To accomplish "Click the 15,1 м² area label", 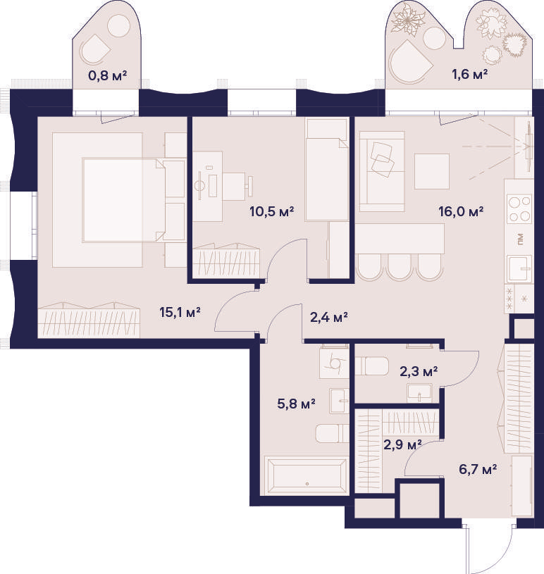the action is pyautogui.click(x=180, y=313).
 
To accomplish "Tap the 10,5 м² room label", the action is pyautogui.click(x=272, y=211).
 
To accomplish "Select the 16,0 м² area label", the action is pyautogui.click(x=461, y=211).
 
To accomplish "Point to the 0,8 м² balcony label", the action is pyautogui.click(x=107, y=76).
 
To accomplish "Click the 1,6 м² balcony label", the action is pyautogui.click(x=469, y=75).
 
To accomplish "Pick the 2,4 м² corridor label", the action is pyautogui.click(x=328, y=317).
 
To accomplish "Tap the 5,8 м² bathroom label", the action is pyautogui.click(x=297, y=404).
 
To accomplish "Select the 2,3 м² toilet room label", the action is pyautogui.click(x=419, y=372).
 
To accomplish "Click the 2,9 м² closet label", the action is pyautogui.click(x=402, y=445).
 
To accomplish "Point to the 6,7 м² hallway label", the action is pyautogui.click(x=478, y=469).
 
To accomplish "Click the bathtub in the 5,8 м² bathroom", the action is pyautogui.click(x=307, y=475).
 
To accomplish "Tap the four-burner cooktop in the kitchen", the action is pyautogui.click(x=519, y=208).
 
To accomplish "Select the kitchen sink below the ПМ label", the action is pyautogui.click(x=519, y=269).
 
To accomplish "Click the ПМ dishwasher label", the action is pyautogui.click(x=520, y=239).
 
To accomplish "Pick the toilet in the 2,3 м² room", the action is pyautogui.click(x=371, y=366).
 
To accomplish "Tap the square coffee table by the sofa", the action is pyautogui.click(x=432, y=171).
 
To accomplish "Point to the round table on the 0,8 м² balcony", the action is pyautogui.click(x=118, y=25).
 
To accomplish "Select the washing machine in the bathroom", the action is pyautogui.click(x=334, y=363).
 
